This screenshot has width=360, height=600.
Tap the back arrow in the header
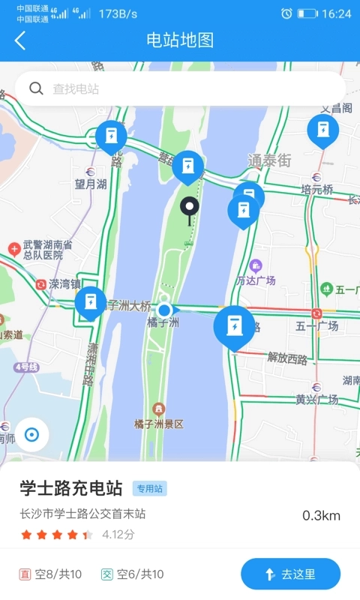point(20,40)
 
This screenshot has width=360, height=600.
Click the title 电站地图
point(180,40)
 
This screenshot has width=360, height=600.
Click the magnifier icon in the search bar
point(36,88)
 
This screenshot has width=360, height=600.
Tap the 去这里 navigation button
point(290,574)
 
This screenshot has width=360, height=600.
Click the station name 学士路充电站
point(71,488)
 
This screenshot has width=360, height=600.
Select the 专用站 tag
point(149,489)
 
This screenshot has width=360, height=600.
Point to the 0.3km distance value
point(321,515)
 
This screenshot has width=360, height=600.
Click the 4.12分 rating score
point(118,535)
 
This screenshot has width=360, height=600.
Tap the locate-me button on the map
point(31,435)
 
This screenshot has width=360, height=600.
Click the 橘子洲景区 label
point(159,424)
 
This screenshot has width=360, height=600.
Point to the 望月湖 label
point(91,184)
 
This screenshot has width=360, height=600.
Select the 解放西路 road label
point(287,358)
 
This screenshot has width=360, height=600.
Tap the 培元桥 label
point(316,190)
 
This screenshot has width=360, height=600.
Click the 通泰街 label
point(269,160)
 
